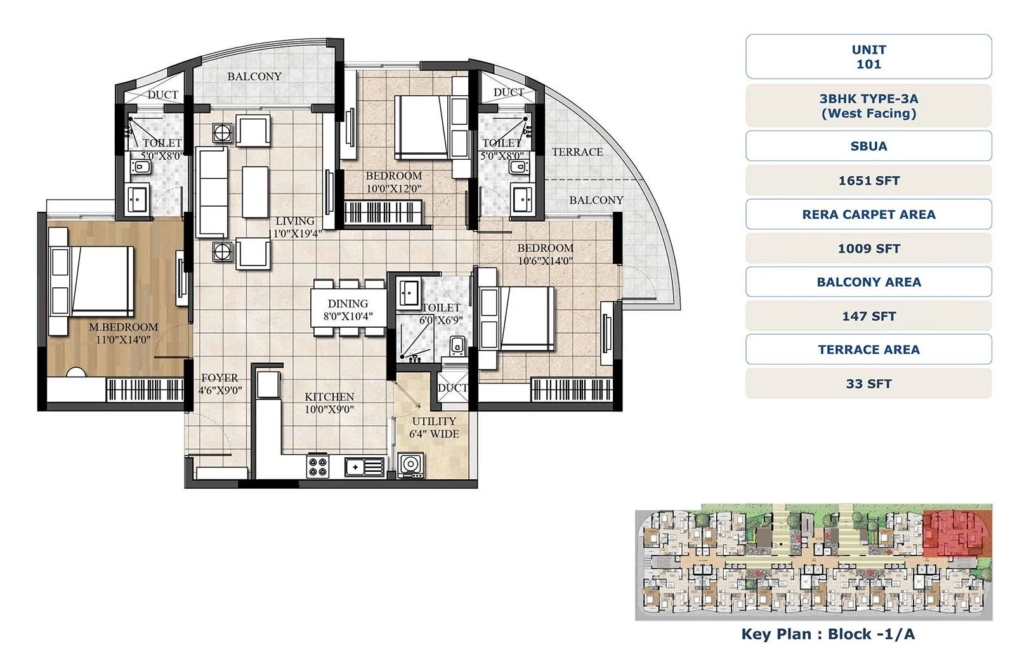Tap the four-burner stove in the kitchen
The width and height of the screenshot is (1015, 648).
[x=317, y=467]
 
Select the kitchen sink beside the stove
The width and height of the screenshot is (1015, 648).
[x=364, y=467]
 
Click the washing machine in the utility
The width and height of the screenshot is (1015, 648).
[x=410, y=465]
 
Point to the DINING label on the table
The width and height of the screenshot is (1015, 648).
[x=348, y=304]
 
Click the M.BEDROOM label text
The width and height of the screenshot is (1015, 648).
[x=123, y=327]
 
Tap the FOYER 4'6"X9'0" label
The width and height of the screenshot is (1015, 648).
[x=219, y=384]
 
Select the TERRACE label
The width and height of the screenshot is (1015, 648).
[x=577, y=152]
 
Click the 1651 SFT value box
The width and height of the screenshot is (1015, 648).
[x=868, y=181]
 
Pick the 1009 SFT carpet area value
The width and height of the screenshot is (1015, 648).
[x=868, y=249]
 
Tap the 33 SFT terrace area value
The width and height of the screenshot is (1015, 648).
[x=868, y=384]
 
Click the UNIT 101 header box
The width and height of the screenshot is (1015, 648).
[x=868, y=56]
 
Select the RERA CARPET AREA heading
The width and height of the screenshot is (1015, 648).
[x=868, y=214]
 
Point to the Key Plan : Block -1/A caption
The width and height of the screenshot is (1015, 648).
[x=827, y=633]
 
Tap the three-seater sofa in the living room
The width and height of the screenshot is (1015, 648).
[x=211, y=193]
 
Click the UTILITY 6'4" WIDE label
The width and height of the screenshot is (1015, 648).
[x=434, y=427]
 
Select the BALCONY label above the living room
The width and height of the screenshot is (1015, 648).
[x=254, y=77]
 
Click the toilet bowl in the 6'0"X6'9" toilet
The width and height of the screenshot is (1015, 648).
[x=457, y=347]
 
